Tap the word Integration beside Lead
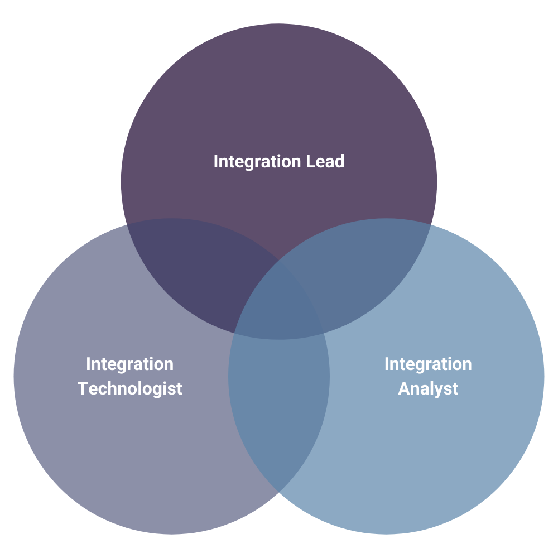pyautogui.click(x=258, y=162)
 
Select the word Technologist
pyautogui.click(x=130, y=388)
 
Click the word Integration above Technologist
pyautogui.click(x=129, y=364)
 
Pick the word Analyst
pyautogui.click(x=428, y=388)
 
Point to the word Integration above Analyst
pyautogui.click(x=428, y=364)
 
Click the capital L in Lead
pyautogui.click(x=310, y=162)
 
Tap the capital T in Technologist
pyautogui.click(x=82, y=388)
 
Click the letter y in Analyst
pyautogui.click(x=435, y=390)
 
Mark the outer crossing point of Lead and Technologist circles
pyautogui.click(x=128, y=224)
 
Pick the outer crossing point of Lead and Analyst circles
pyautogui.click(x=430, y=224)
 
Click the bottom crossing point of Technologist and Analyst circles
pyautogui.click(x=279, y=492)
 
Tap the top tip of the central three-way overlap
pyautogui.click(x=279, y=260)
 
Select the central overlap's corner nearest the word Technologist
pyautogui.click(x=234, y=333)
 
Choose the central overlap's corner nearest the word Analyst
pyautogui.click(x=324, y=333)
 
